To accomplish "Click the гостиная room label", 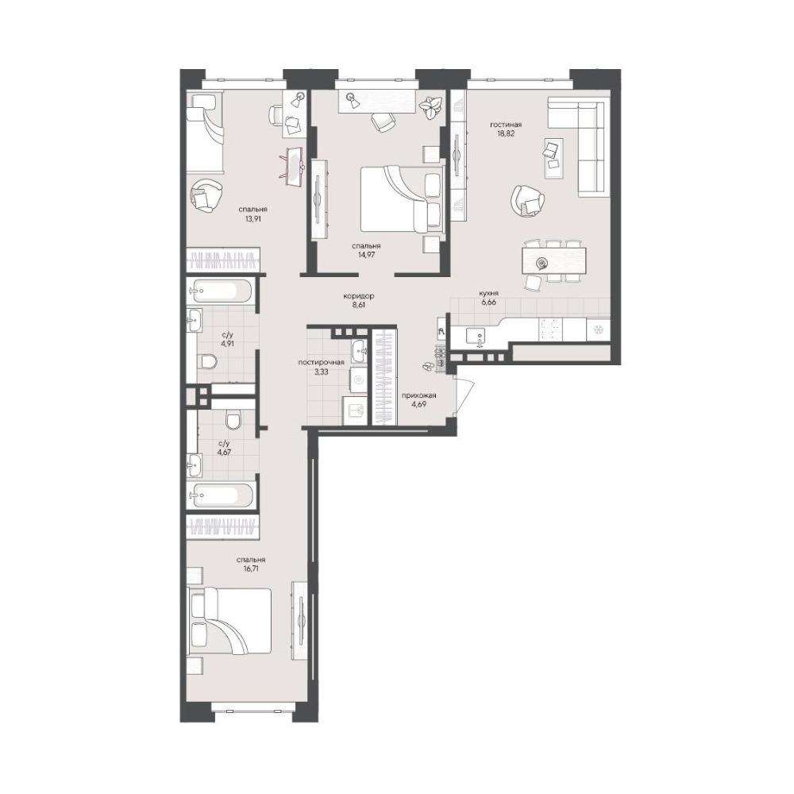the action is click(x=505, y=125).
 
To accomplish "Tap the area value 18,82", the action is click(x=505, y=134).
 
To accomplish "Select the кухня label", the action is click(x=489, y=293).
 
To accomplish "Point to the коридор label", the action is click(x=359, y=295).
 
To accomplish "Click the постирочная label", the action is click(x=321, y=362).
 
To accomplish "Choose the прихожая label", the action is click(x=418, y=395).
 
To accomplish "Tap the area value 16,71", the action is click(x=251, y=569).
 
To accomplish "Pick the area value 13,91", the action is click(x=252, y=219).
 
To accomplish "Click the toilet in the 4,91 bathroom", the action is click(x=207, y=361).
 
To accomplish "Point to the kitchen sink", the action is click(x=475, y=336).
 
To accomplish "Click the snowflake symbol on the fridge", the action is click(x=598, y=330).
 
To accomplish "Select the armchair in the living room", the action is click(x=528, y=200).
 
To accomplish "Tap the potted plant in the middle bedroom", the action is click(x=431, y=107).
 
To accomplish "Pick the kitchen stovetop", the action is click(x=550, y=330).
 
